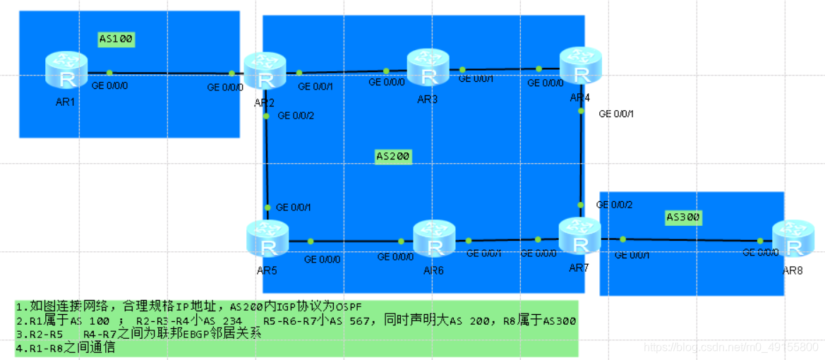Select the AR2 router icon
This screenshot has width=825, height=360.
click(265, 71)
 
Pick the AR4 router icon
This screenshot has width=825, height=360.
click(581, 66)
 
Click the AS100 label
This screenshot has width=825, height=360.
click(116, 39)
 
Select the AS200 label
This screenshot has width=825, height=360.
click(392, 156)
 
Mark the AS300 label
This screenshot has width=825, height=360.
click(684, 217)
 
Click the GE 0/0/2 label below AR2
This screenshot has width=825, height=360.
click(296, 115)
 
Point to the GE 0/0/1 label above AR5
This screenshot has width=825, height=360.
click(294, 207)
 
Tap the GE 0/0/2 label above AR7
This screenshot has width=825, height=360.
click(614, 205)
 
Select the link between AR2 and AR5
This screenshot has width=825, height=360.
click(267, 162)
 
